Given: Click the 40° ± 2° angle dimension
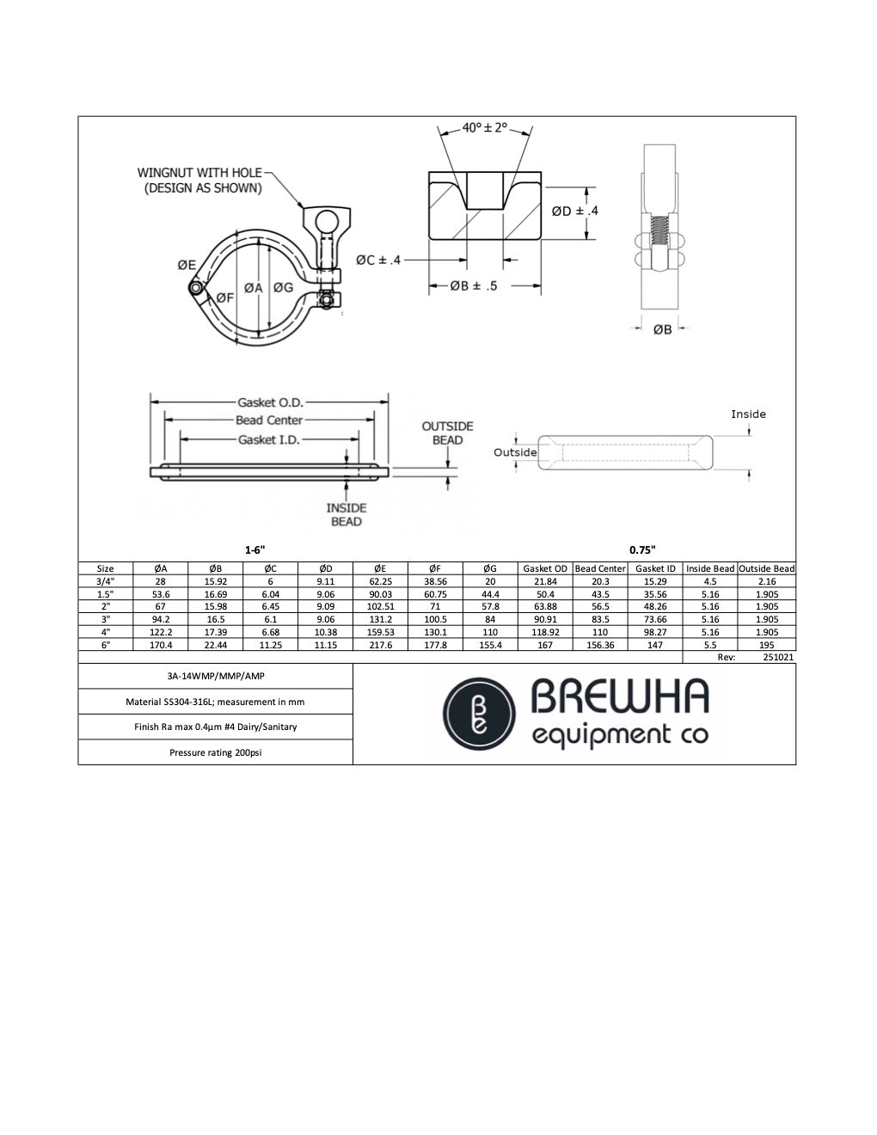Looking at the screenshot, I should [x=485, y=128].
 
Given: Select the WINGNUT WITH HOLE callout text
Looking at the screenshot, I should [x=199, y=180].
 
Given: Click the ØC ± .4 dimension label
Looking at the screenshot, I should [x=378, y=259].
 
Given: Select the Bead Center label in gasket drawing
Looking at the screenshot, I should [x=268, y=420].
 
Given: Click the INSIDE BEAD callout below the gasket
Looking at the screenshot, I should [x=346, y=514].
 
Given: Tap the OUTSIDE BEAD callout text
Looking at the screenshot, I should [x=447, y=433].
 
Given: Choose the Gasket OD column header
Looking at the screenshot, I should [x=544, y=568].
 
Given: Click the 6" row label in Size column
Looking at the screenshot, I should [x=105, y=645].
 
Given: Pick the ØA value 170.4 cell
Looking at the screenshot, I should [x=161, y=645].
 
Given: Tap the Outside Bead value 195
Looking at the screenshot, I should [x=766, y=645].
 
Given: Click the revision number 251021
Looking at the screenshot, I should [x=777, y=657].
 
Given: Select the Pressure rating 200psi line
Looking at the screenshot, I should [x=215, y=752].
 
